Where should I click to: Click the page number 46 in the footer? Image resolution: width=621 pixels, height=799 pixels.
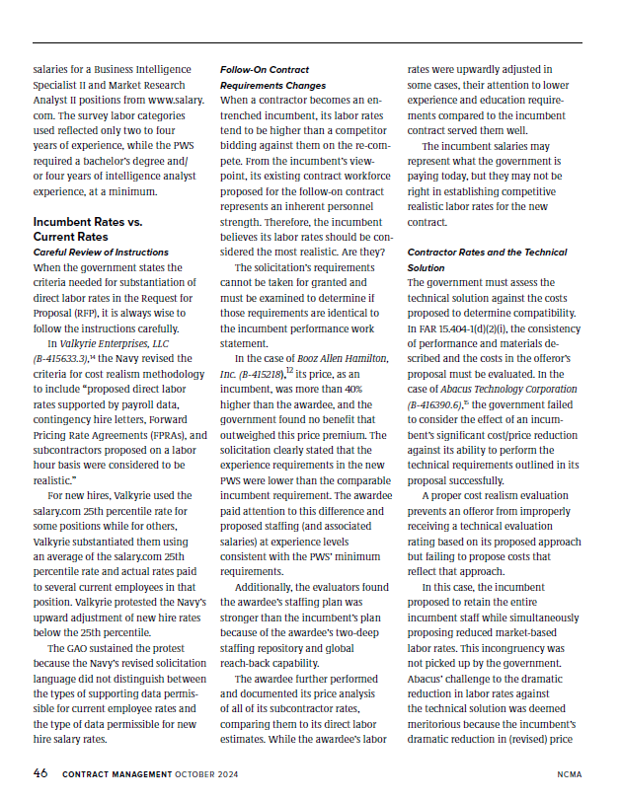tap(40, 773)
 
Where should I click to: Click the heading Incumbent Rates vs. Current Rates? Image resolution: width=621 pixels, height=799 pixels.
tap(87, 230)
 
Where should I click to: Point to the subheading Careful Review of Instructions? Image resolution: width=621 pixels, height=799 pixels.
tap(101, 253)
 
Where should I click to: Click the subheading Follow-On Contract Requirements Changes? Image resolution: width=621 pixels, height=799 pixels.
tap(266, 78)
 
